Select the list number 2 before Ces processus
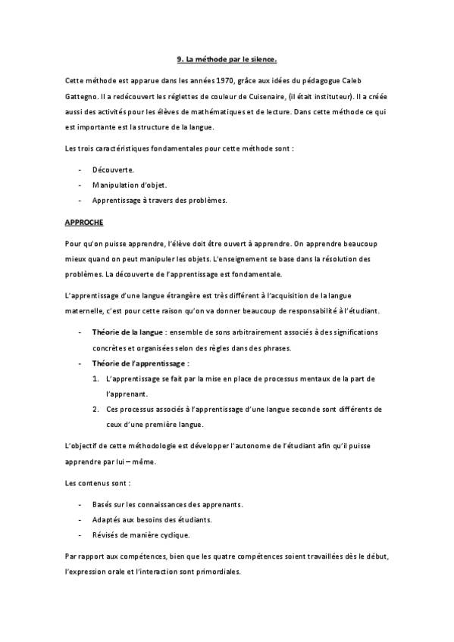pyautogui.click(x=95, y=410)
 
